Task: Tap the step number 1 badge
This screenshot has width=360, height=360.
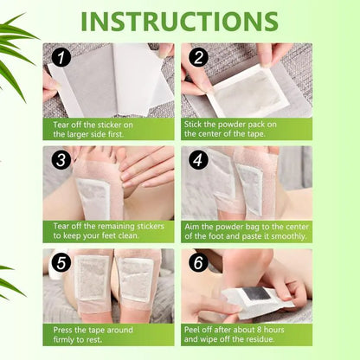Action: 60,59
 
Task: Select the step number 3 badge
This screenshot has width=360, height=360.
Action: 60,161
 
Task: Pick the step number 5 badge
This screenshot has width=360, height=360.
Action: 60,263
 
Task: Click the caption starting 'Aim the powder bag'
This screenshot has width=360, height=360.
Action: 246,230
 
